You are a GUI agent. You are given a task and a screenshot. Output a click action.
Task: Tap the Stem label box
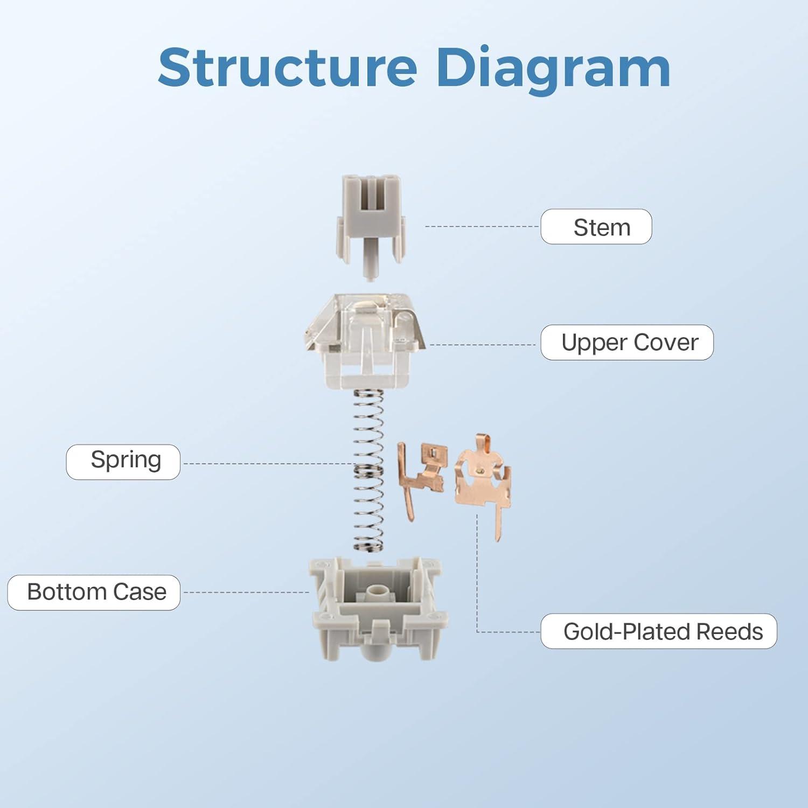pos(596,227)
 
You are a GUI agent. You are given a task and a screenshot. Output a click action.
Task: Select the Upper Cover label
pos(627,343)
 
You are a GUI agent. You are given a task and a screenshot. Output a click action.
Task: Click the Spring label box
pos(123,462)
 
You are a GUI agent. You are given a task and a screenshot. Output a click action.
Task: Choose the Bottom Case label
pos(94,593)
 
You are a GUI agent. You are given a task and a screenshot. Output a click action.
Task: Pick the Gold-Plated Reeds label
pos(658,631)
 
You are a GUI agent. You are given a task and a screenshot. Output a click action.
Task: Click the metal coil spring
pos(368,469)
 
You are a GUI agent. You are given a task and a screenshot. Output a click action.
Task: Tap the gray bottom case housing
pos(377,609)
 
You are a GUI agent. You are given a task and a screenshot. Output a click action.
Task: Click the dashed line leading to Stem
pos(482,227)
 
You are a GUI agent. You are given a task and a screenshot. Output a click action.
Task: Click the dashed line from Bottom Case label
pos(245,593)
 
